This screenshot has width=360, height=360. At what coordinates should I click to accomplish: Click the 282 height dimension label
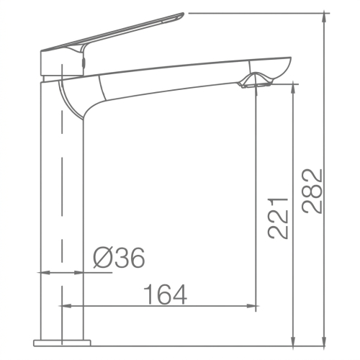click(312, 191)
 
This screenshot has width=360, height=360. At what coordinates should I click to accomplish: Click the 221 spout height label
click(277, 218)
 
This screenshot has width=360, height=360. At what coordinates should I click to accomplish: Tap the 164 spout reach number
click(165, 294)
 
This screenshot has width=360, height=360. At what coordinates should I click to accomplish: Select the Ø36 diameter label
click(119, 258)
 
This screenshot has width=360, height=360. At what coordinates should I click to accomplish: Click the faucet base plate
click(62, 343)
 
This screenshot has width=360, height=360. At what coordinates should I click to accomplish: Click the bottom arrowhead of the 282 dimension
click(325, 341)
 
